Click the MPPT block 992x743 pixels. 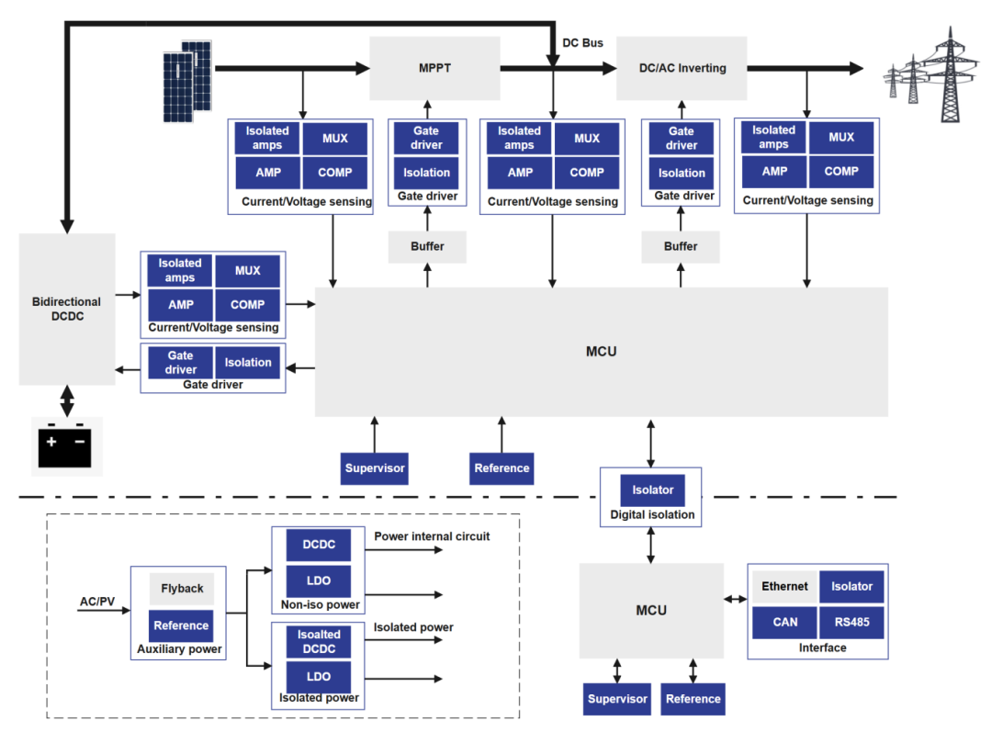tap(434, 68)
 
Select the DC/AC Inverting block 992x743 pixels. tap(682, 68)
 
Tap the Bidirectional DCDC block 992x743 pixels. tap(67, 309)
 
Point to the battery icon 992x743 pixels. tap(65, 446)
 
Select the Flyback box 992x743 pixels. tap(182, 589)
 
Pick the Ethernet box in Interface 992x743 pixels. tap(784, 587)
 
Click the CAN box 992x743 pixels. tap(784, 622)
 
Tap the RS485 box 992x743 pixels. tap(851, 622)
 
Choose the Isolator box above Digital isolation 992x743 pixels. tap(652, 490)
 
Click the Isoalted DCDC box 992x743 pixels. tap(319, 641)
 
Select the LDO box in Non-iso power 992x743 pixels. tap(319, 580)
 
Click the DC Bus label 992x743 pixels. tap(582, 43)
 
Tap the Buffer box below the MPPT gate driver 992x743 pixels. tap(427, 246)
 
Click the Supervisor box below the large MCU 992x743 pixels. tap(375, 468)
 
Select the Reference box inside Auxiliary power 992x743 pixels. tap(181, 625)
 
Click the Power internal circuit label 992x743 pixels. tap(432, 536)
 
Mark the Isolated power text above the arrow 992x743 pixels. tap(413, 628)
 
